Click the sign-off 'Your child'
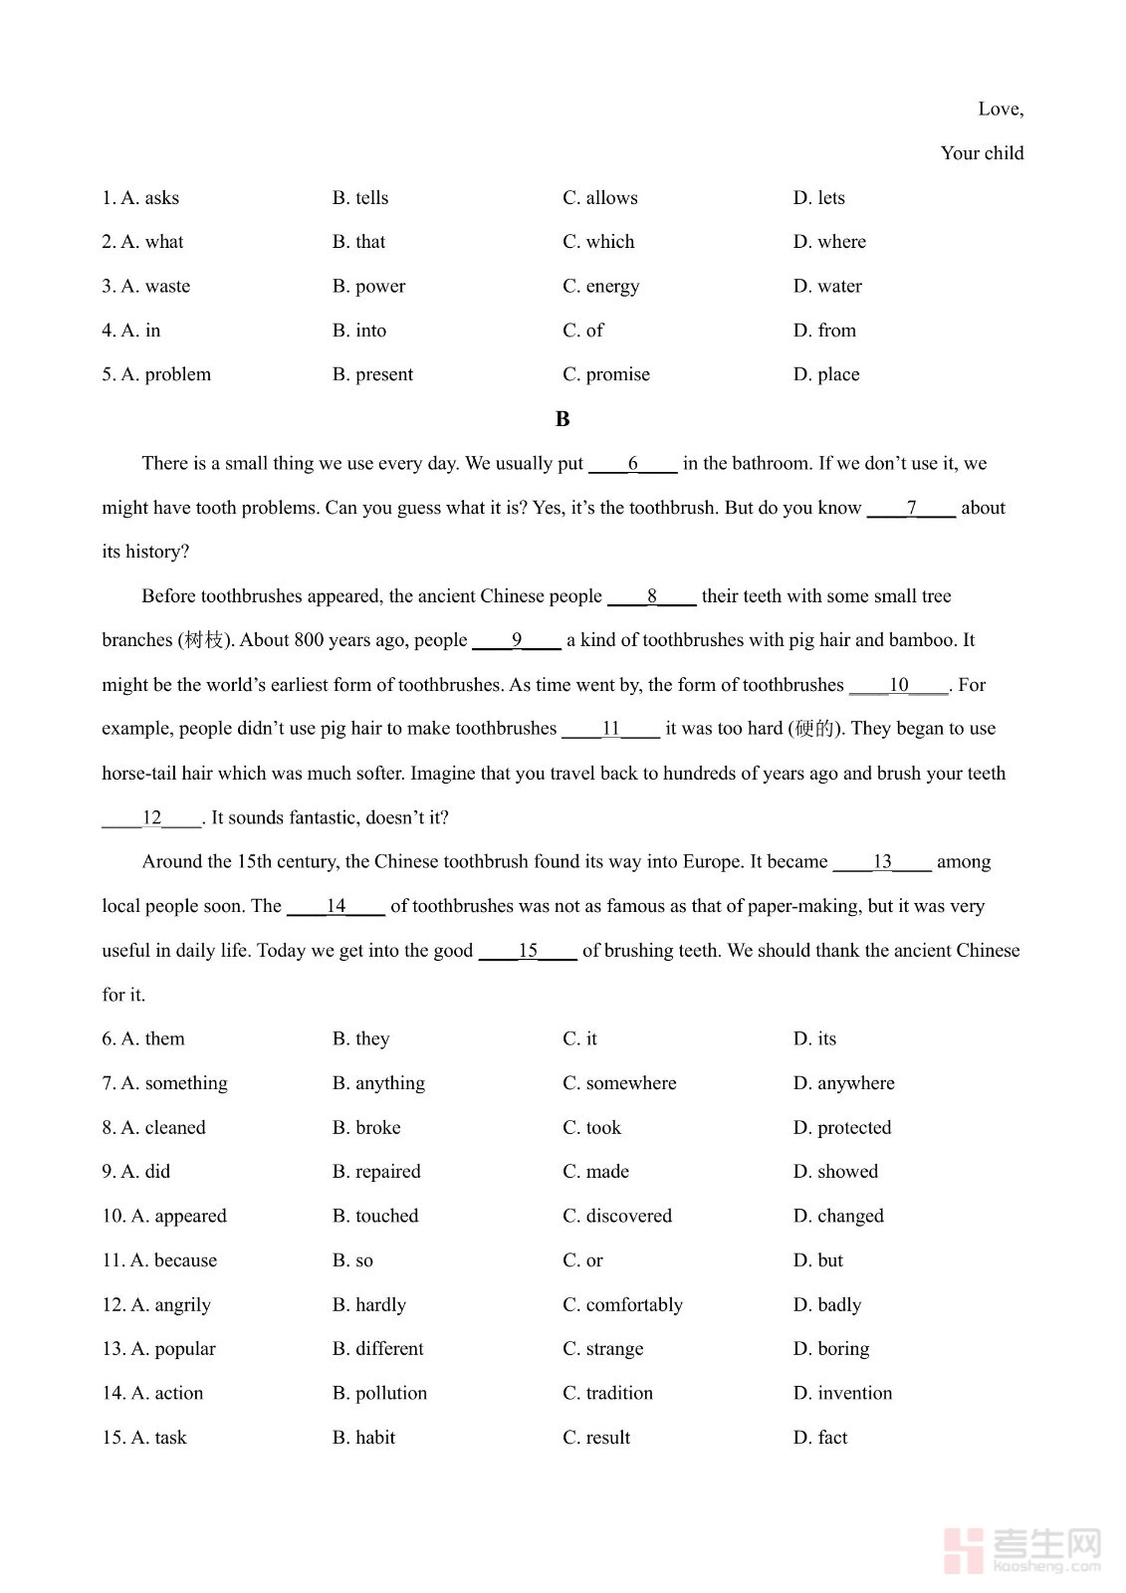982,153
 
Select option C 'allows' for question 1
599,198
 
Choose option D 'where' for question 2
829,242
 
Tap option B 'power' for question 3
368,287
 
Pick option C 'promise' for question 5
605,374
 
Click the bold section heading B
563,419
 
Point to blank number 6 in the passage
633,464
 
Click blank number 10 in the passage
898,685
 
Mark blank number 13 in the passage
882,862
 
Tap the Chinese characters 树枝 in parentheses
204,640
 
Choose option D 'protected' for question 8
842,1128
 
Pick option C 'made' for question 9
595,1172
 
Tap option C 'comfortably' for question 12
622,1305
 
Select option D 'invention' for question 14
842,1394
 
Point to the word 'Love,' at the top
1001,110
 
